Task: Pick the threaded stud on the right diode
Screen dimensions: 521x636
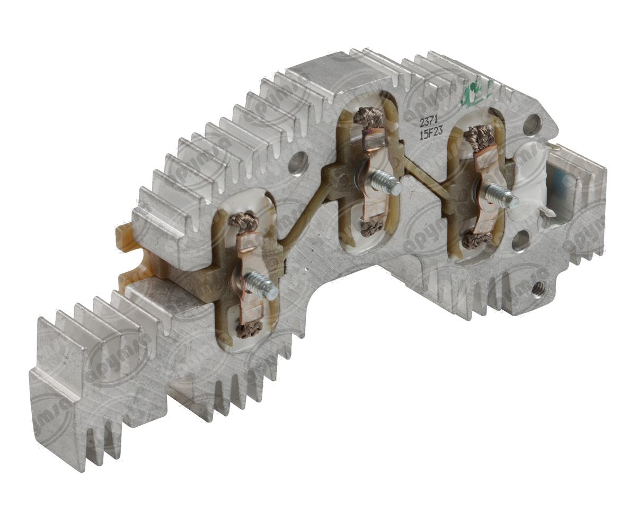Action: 502,196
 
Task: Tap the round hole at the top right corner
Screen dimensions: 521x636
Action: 532,125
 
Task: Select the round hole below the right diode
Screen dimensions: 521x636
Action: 520,240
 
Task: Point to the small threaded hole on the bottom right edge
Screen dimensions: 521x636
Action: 538,288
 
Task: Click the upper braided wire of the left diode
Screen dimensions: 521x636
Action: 243,221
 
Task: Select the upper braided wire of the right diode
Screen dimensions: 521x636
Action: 479,137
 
